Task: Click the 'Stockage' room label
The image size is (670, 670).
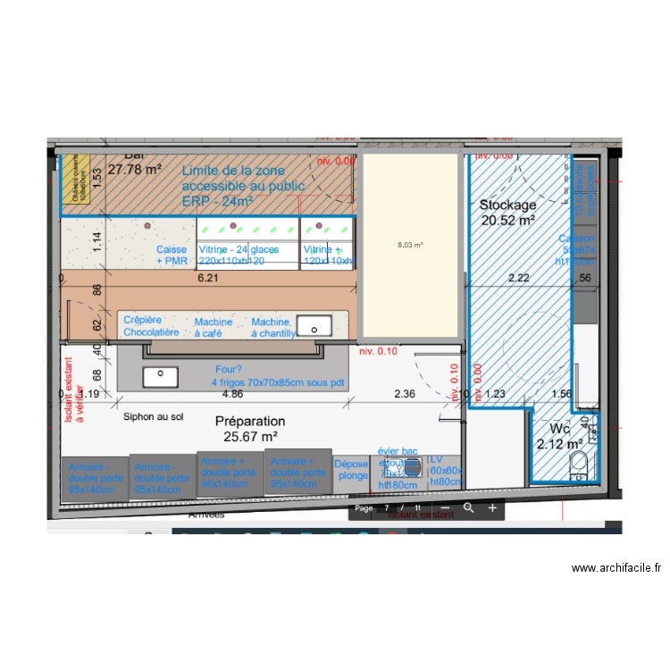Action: coord(507,205)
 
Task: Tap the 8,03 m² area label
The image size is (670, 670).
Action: coord(410,244)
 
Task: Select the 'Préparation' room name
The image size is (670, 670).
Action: coord(250,421)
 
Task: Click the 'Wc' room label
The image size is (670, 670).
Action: coord(548,428)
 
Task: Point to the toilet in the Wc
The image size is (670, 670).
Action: coord(578,463)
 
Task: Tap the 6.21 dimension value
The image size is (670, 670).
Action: coord(208,278)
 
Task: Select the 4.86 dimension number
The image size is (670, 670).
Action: coord(233,393)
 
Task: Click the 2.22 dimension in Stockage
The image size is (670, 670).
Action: coord(519,278)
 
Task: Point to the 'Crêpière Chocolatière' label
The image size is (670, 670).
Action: coord(151,327)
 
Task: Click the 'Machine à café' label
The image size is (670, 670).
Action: coord(214,327)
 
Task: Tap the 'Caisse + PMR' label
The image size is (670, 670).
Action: coord(172,255)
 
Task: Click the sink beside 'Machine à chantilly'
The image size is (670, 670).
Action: coord(314,324)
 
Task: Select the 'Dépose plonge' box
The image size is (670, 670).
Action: coord(351,470)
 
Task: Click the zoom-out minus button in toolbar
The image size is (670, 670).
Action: coord(445,508)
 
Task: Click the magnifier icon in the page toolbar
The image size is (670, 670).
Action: coord(468,508)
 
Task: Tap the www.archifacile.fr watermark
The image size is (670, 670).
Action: coord(616,567)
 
